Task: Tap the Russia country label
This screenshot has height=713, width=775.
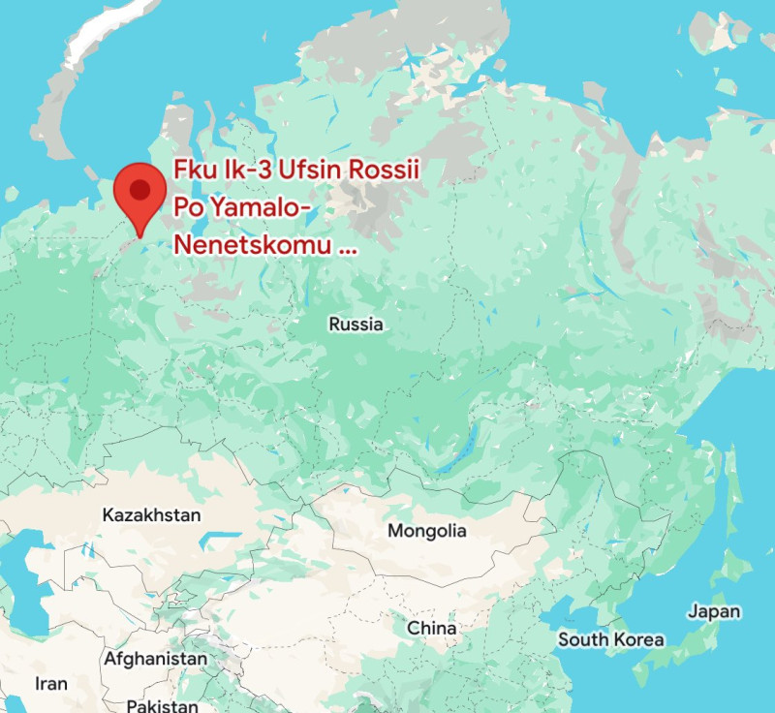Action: tap(356, 325)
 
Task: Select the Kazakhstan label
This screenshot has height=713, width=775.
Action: tap(151, 514)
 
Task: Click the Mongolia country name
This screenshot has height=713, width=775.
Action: tap(426, 531)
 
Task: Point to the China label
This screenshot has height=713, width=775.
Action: tap(431, 628)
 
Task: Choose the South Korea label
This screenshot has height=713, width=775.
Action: tap(610, 639)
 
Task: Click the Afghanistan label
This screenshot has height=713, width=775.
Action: tap(155, 659)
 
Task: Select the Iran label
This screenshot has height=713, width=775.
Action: tap(51, 684)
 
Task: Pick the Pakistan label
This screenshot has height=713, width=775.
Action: tap(163, 705)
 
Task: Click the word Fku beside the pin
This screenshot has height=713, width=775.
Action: tap(193, 169)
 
